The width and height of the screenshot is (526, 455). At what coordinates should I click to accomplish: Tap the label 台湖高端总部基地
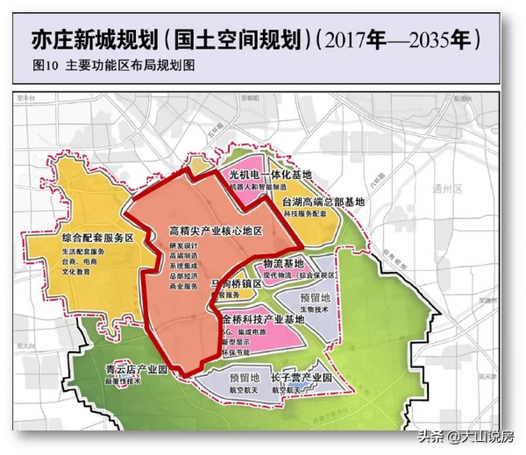coord(323,202)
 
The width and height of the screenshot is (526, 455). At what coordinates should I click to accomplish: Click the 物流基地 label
coord(283,263)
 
